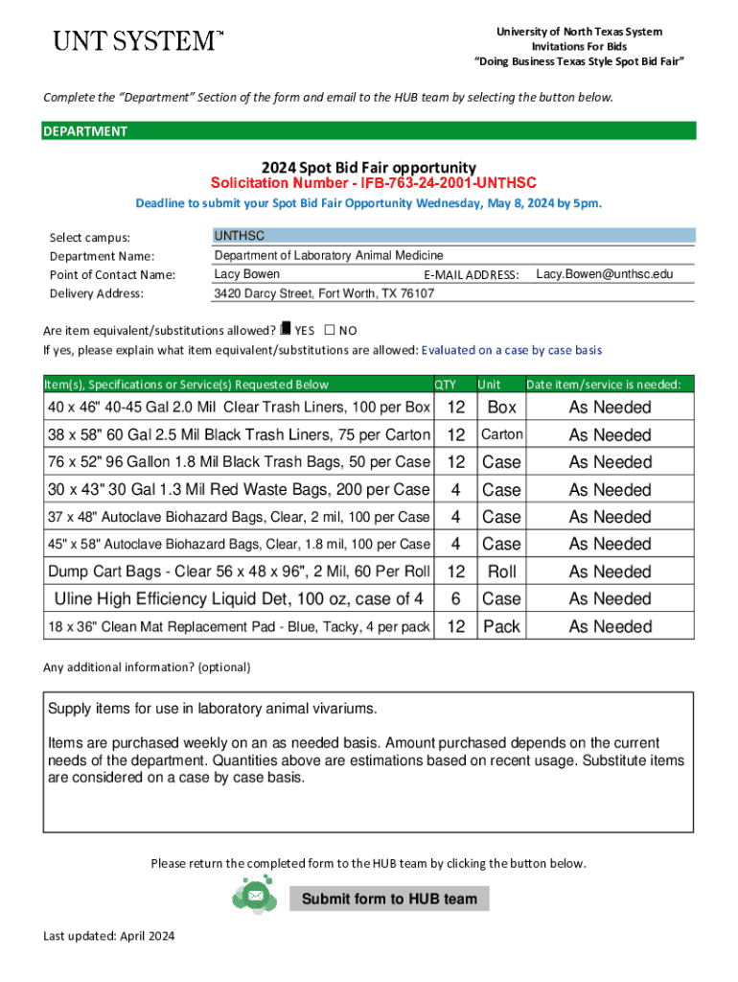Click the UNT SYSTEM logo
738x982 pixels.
coord(137,41)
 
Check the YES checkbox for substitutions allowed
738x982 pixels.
coord(285,329)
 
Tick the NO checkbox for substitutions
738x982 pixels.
coord(330,329)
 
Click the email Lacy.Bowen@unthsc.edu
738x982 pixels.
coord(604,274)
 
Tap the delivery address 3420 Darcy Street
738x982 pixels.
coord(324,293)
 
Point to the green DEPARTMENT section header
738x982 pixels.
coord(369,131)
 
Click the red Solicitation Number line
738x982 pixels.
coord(373,182)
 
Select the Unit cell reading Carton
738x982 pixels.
coord(501,434)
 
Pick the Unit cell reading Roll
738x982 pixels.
coord(501,572)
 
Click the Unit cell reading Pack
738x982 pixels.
coord(501,626)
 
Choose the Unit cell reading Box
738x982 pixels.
coord(501,408)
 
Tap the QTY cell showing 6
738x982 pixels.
coord(456,599)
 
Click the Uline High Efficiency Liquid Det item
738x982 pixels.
coord(239,599)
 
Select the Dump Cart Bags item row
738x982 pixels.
coord(239,572)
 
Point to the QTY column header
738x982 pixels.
coord(446,385)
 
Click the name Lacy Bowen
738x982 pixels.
coord(246,274)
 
